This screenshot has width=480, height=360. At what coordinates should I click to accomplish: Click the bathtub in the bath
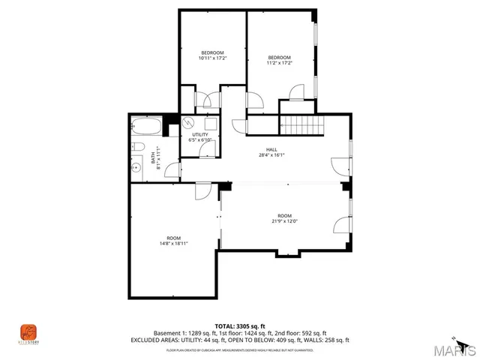[x=145, y=127]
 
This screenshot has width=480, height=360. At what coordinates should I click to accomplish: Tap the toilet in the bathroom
[x=138, y=146]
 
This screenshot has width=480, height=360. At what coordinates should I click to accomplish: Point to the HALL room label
[x=261, y=149]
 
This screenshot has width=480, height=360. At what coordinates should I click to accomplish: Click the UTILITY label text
[x=200, y=134]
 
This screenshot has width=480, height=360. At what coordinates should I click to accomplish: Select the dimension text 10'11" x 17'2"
[x=212, y=58]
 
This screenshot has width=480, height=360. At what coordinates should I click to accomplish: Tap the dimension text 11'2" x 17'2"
[x=280, y=63]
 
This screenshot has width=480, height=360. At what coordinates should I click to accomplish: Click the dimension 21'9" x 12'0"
[x=284, y=220]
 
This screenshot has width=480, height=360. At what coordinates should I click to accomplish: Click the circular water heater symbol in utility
[x=189, y=121]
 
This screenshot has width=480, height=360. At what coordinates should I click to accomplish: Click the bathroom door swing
[x=173, y=169]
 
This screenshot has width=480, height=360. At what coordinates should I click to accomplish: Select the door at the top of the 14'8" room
[x=202, y=192]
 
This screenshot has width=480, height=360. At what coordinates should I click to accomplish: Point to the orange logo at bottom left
[x=28, y=331]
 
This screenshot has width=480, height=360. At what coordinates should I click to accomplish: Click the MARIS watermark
[x=453, y=347]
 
